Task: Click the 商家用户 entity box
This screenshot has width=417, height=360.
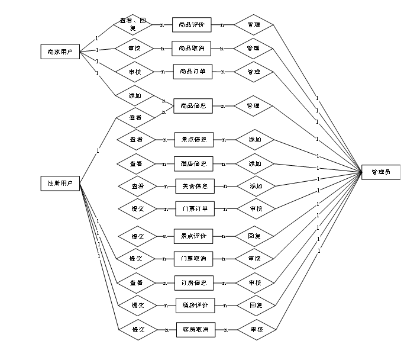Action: coord(60,52)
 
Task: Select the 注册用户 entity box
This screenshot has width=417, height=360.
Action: coord(60,184)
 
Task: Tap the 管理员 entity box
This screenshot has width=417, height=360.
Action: coord(380,172)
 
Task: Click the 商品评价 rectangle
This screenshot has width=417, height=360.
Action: coord(192,25)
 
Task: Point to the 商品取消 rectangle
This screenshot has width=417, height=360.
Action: coord(192,48)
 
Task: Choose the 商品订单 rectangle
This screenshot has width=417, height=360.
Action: coord(192,72)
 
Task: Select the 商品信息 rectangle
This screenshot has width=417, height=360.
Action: coord(193,106)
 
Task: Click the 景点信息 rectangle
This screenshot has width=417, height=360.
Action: coord(193,140)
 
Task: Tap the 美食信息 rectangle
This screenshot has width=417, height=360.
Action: coord(195,186)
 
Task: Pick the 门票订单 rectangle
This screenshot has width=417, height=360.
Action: coord(195,208)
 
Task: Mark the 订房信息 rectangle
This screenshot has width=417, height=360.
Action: coord(194,282)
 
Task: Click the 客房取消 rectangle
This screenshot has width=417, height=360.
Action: coord(196,329)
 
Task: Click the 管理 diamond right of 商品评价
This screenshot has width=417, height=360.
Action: coord(254,25)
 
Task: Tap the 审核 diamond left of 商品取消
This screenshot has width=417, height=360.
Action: coord(135,48)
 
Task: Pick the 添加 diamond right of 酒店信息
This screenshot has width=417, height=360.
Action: coord(256,163)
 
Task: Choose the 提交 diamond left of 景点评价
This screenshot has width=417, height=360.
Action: coord(138,236)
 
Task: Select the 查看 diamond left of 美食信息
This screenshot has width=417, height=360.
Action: coord(138,186)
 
